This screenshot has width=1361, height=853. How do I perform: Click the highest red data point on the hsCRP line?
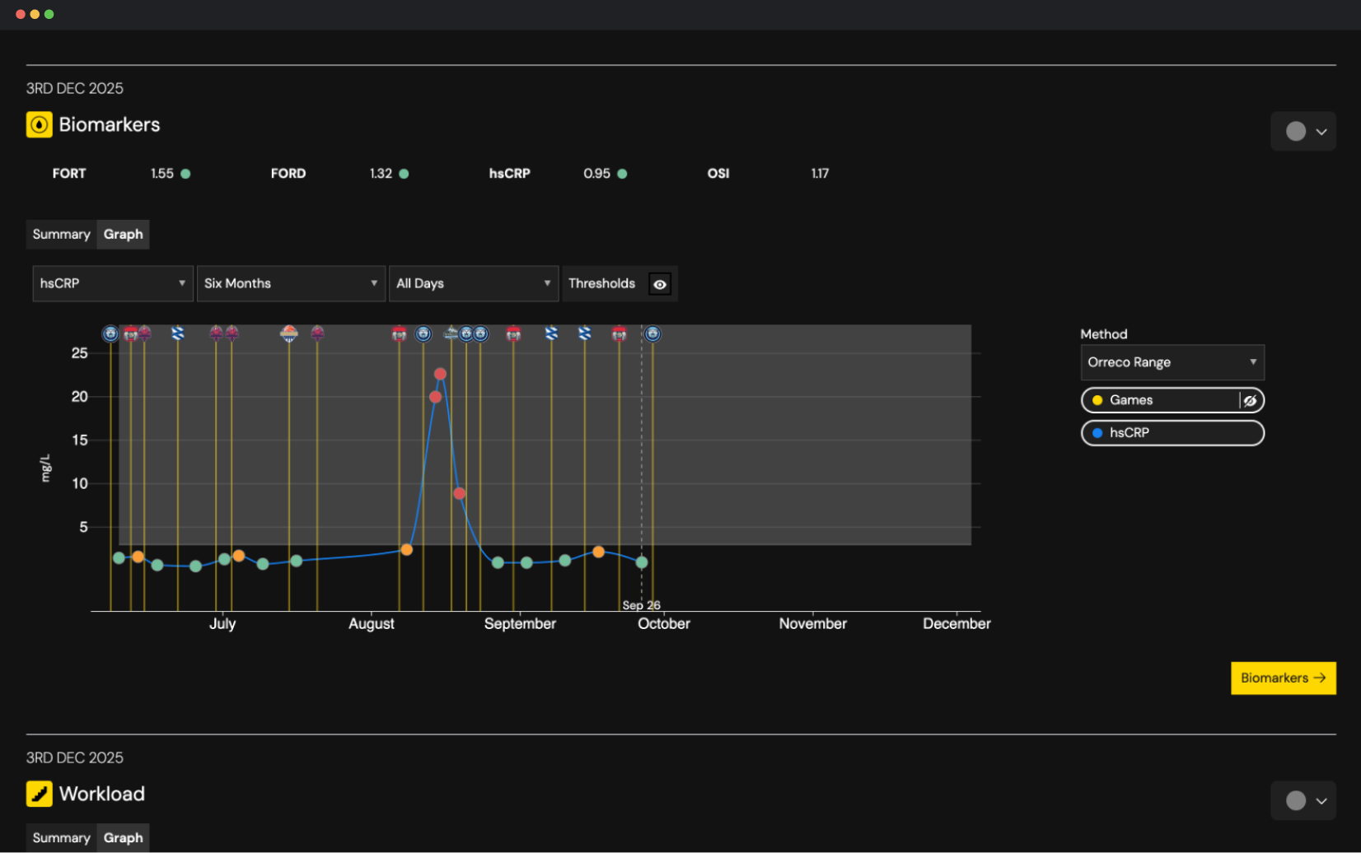[x=440, y=374]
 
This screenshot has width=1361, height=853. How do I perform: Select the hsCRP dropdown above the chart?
[x=112, y=283]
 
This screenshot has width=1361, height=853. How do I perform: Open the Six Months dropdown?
[x=291, y=283]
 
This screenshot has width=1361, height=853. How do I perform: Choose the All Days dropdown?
[x=473, y=283]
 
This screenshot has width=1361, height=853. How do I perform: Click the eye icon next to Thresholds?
[x=660, y=284]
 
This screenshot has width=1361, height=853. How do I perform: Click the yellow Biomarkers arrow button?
[x=1283, y=678]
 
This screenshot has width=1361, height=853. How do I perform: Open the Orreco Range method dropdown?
[x=1172, y=362]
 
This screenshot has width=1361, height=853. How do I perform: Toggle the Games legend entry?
[x=1162, y=400]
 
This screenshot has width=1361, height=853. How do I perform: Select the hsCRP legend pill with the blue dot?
[x=1172, y=433]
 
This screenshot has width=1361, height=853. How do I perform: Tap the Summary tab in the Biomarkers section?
[x=61, y=234]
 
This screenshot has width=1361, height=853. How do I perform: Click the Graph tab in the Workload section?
[x=123, y=837]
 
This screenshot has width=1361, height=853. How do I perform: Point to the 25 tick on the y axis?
[x=79, y=353]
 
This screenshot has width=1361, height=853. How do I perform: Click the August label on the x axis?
[x=371, y=623]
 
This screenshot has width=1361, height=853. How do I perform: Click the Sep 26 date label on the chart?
[x=641, y=605]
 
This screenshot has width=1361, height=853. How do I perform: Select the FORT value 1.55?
[x=161, y=174]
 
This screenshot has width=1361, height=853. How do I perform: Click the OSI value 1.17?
[x=819, y=174]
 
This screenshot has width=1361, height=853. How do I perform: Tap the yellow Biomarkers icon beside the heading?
[x=39, y=124]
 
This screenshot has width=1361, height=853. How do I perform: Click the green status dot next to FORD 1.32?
[x=404, y=174]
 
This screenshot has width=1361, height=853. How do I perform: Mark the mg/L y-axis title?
[x=46, y=468]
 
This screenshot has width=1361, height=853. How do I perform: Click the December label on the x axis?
[x=956, y=623]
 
